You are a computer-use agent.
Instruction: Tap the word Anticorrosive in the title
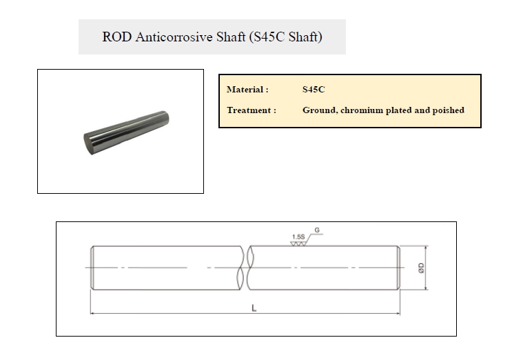click(x=174, y=37)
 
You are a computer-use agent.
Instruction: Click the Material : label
click(x=247, y=90)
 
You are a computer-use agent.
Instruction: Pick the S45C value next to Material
click(x=314, y=90)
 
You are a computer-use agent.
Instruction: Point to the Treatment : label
click(x=252, y=110)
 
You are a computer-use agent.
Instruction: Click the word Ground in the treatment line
click(x=320, y=110)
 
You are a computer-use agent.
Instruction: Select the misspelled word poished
click(x=449, y=110)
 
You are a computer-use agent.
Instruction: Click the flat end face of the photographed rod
click(x=88, y=143)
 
